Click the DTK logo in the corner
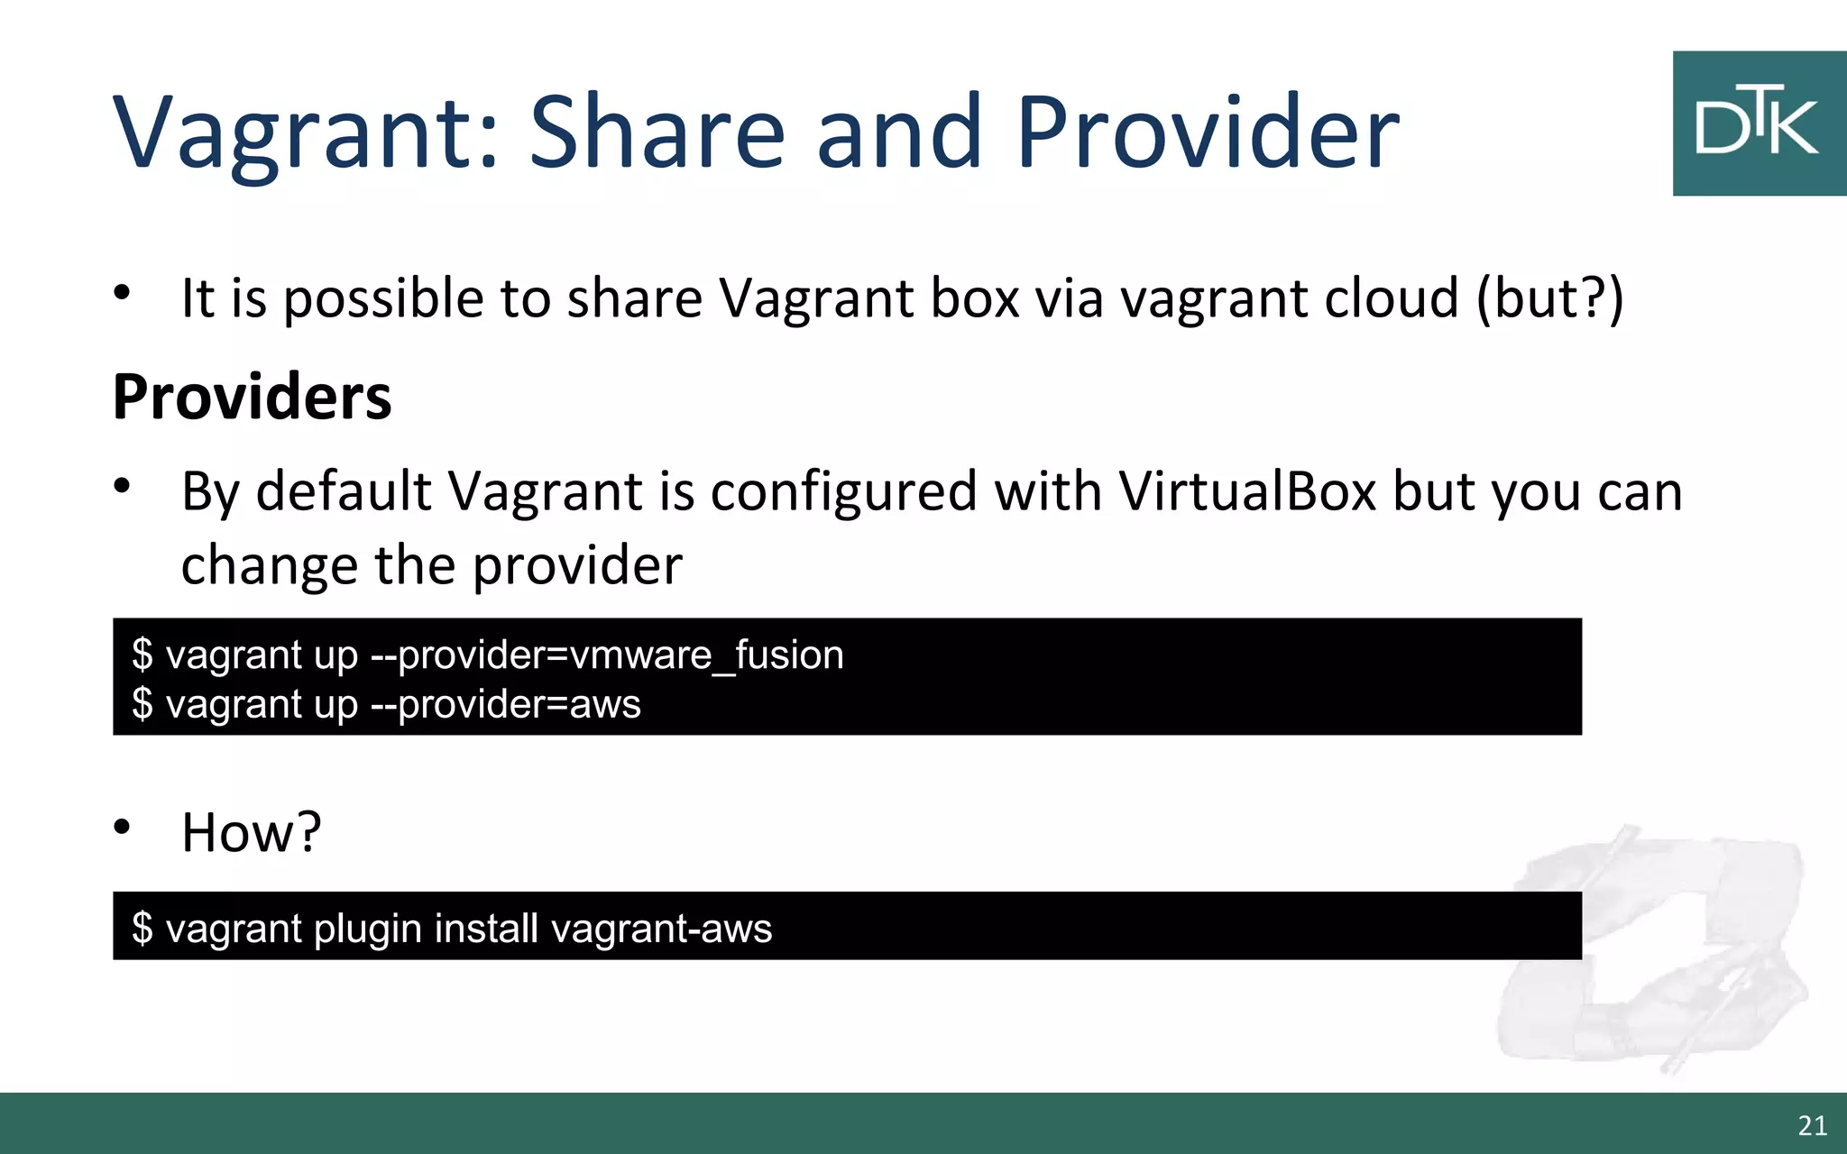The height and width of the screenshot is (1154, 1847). [1759, 124]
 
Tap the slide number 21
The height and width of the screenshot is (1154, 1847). [1812, 1125]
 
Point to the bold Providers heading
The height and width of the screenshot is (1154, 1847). [253, 397]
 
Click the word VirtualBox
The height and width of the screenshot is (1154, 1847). [1247, 491]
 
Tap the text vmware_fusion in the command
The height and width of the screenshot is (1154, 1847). [707, 655]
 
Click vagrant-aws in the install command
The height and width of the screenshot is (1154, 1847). [661, 929]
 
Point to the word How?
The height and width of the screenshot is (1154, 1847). [251, 831]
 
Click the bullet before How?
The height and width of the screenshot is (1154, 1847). [123, 826]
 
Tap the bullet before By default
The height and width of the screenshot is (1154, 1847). [123, 486]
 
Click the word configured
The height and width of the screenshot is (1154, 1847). [844, 491]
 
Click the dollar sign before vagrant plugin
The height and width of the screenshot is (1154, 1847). [142, 929]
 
